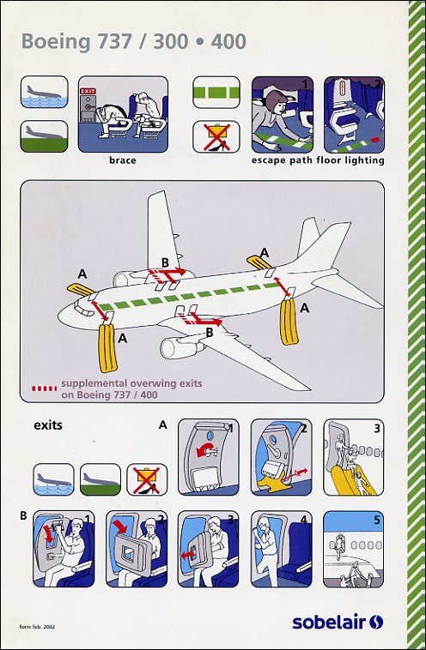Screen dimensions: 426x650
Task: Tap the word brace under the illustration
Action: (x=123, y=160)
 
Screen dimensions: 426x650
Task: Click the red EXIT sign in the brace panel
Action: (x=88, y=91)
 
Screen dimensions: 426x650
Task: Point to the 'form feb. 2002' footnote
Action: (x=37, y=626)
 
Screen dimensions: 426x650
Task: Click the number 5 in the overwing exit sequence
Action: (x=376, y=520)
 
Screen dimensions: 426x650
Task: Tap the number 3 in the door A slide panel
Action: (x=376, y=428)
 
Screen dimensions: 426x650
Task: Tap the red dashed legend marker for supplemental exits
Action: (x=45, y=388)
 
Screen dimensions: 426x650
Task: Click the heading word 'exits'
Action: (x=48, y=425)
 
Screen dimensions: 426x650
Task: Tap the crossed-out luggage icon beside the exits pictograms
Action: (x=147, y=479)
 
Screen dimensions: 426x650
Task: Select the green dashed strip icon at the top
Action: (x=216, y=93)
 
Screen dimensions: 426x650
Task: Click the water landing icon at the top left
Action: (x=44, y=92)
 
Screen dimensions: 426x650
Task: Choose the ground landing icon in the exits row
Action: (x=100, y=479)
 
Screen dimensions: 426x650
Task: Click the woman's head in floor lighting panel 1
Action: (x=275, y=102)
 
